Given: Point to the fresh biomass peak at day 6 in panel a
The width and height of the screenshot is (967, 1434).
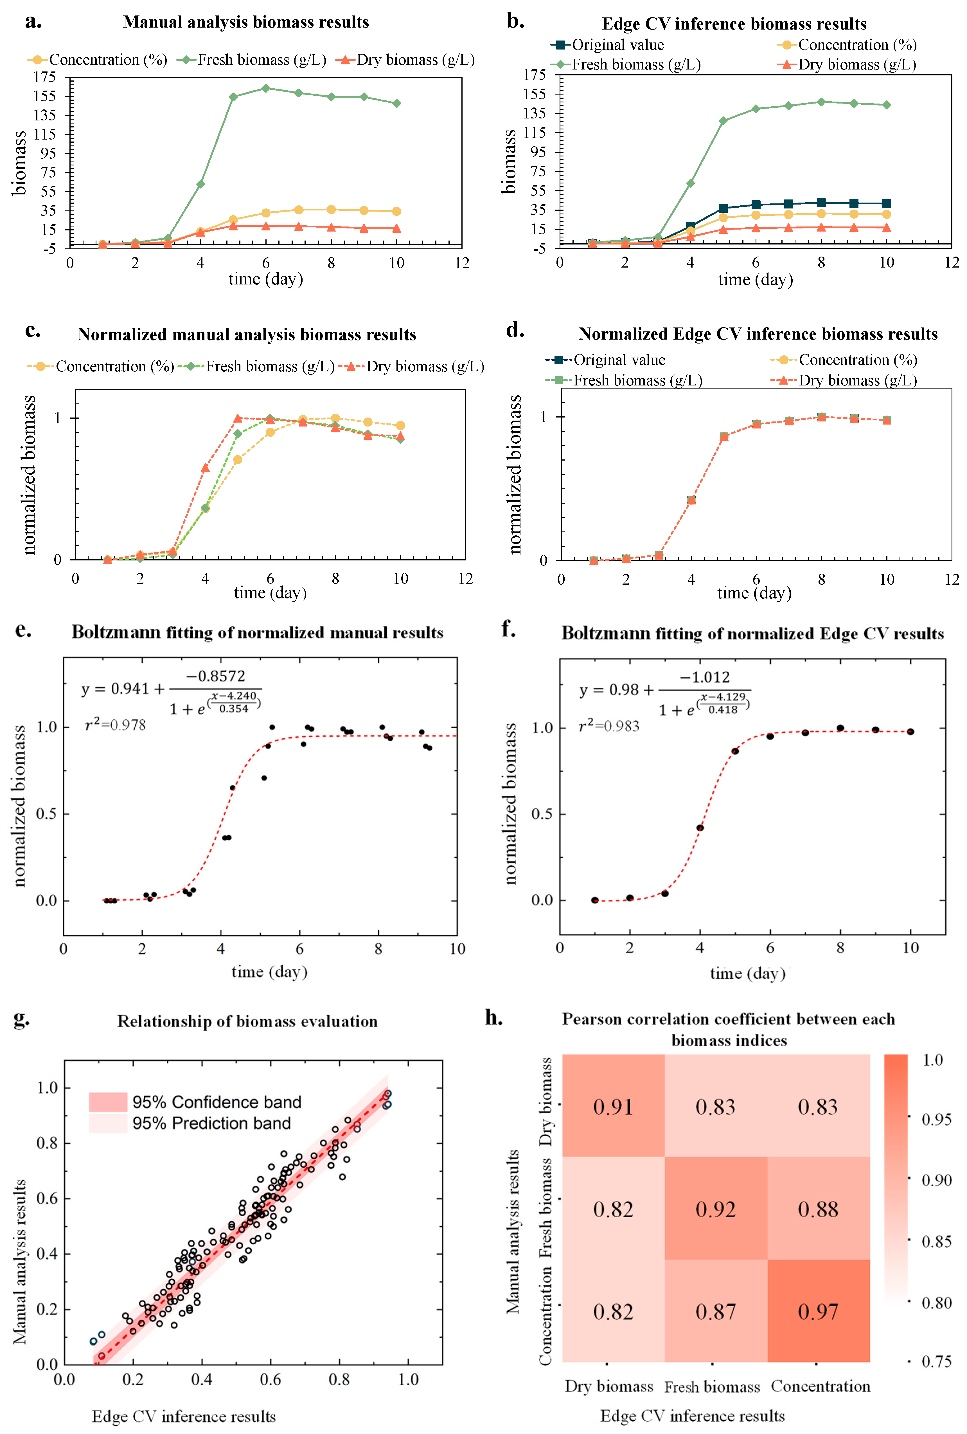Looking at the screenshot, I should tap(266, 88).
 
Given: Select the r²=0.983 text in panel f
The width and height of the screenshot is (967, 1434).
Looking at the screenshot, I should tap(609, 726).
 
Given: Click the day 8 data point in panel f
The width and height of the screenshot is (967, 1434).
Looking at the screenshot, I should tap(840, 728).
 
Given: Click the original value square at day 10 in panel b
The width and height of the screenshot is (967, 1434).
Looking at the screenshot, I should tap(886, 204).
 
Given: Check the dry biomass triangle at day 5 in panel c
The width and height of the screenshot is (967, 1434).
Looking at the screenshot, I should tap(238, 418).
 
